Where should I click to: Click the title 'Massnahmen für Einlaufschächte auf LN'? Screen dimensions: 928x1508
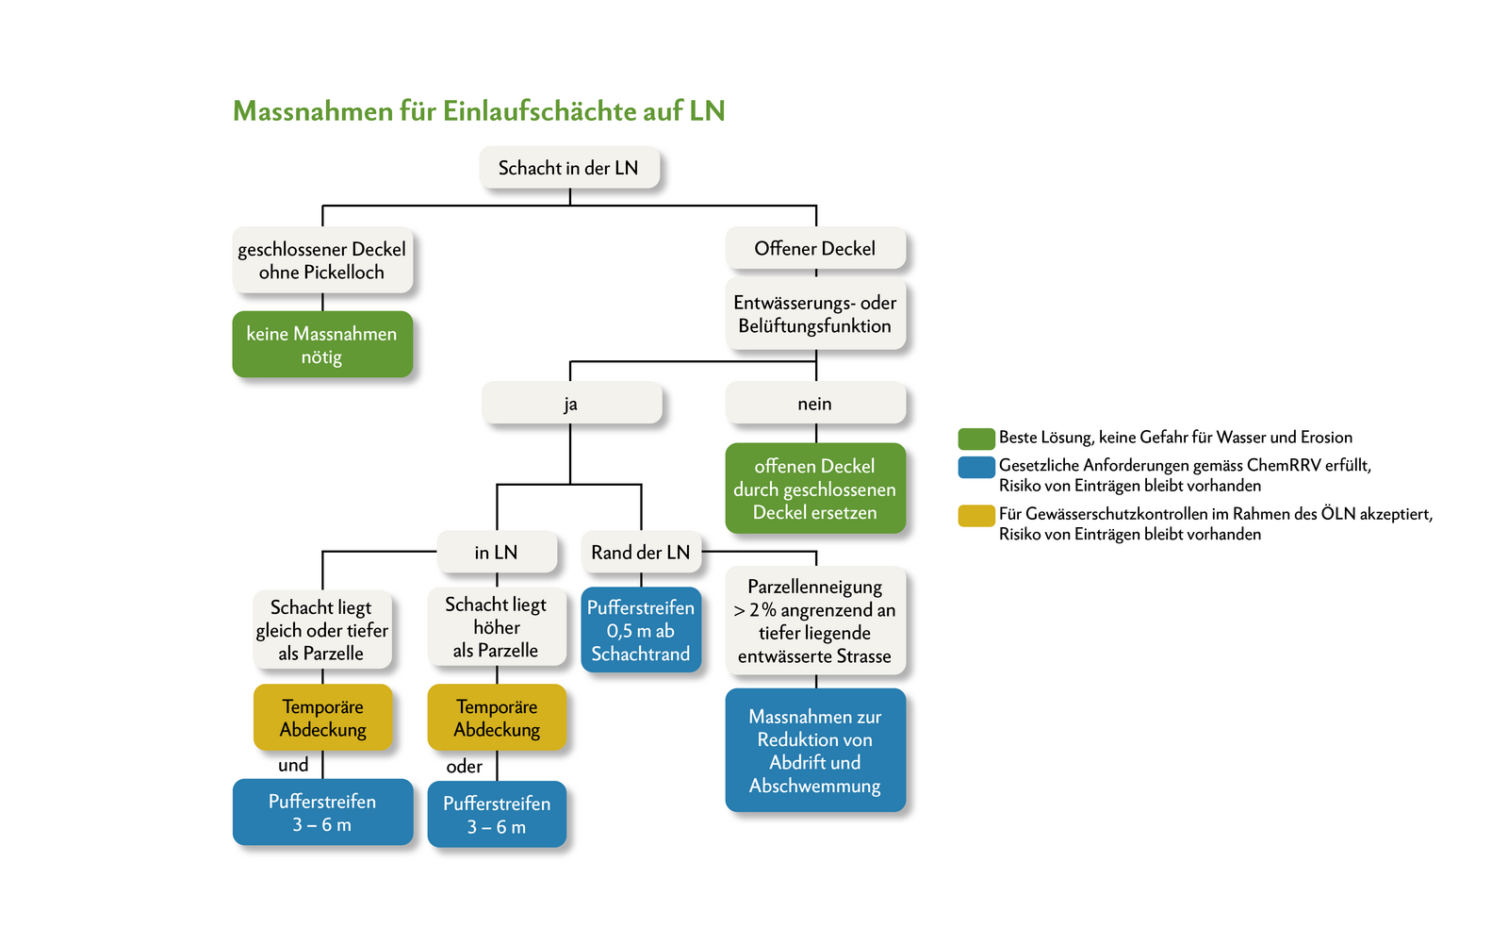479,111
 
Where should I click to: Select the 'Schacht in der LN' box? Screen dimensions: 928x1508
568,168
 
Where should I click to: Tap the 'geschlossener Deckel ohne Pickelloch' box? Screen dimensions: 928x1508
322,260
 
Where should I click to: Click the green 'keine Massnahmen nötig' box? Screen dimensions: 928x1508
322,345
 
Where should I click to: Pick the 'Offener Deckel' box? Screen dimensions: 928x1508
815,248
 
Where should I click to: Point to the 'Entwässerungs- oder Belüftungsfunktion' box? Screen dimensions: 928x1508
815,314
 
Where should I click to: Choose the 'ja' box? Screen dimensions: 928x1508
571,404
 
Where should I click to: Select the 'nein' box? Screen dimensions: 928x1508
815,404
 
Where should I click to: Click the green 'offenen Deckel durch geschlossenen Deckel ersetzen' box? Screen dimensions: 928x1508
815,489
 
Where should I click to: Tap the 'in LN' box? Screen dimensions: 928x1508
497,553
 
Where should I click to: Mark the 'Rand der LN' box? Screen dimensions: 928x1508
641,553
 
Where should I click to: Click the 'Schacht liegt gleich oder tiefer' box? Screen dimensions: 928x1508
322,630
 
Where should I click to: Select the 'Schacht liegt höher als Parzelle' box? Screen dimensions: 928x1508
497,627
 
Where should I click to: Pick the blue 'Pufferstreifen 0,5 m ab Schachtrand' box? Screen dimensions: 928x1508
641,630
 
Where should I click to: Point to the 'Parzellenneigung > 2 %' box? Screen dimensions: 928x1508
815,621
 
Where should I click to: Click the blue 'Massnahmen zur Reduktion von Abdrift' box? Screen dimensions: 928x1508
815,751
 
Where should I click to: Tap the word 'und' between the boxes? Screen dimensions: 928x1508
293,765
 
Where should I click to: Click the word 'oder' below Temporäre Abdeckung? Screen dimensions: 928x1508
465,767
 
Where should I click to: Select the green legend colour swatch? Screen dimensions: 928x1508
976,439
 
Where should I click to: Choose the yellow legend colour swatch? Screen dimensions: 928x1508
976,515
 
